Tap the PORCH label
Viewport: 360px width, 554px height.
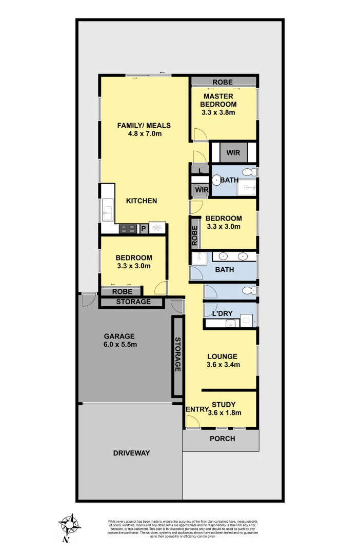[x=223, y=439]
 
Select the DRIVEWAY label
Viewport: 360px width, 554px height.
[x=131, y=453]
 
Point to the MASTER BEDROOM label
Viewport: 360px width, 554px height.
[x=218, y=100]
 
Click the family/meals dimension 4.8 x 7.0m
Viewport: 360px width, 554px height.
[x=145, y=134]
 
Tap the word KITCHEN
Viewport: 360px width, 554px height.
[x=142, y=201]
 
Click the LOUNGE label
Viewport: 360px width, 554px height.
[x=222, y=356]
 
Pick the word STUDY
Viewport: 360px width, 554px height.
[x=224, y=404]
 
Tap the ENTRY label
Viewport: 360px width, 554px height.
[x=196, y=409]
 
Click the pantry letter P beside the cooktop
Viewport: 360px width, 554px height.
[x=144, y=229]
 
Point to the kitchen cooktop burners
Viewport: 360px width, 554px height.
[x=128, y=229]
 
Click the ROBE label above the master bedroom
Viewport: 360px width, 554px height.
[x=222, y=82]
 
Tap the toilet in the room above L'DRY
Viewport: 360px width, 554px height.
[x=249, y=291]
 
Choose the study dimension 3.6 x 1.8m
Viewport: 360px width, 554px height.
[x=224, y=412]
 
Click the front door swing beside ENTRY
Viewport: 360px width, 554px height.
[x=192, y=422]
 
